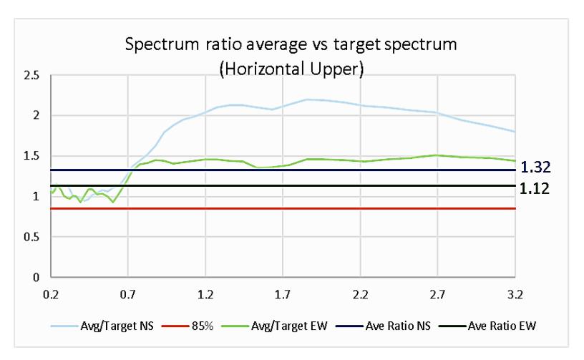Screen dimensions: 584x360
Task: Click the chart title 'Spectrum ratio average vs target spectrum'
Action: [x=291, y=44]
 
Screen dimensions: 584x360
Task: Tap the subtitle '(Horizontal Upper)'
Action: [x=291, y=69]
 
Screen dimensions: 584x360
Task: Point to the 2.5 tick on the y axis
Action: [x=31, y=76]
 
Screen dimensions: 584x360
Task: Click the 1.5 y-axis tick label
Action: [x=31, y=156]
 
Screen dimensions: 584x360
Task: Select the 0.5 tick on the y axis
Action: [x=31, y=237]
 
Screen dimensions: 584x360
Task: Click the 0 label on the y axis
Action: [x=36, y=278]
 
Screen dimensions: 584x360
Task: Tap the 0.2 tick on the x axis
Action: [x=51, y=294]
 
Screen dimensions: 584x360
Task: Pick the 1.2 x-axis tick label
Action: [x=205, y=294]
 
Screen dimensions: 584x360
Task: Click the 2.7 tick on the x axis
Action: [x=437, y=294]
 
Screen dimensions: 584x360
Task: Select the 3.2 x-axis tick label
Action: [x=515, y=294]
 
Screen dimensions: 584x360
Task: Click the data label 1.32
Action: [x=535, y=167]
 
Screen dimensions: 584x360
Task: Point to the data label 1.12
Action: [x=535, y=189]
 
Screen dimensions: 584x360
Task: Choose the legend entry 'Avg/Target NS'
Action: [x=102, y=326]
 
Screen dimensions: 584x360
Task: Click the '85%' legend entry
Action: [x=188, y=326]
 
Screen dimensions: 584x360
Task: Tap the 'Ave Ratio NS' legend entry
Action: [x=384, y=326]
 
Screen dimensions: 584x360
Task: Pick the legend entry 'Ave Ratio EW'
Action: [x=487, y=326]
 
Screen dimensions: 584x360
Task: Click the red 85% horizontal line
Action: [x=283, y=208]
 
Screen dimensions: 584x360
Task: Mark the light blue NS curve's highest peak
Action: [x=307, y=99]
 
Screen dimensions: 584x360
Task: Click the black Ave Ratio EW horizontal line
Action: [x=283, y=185]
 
